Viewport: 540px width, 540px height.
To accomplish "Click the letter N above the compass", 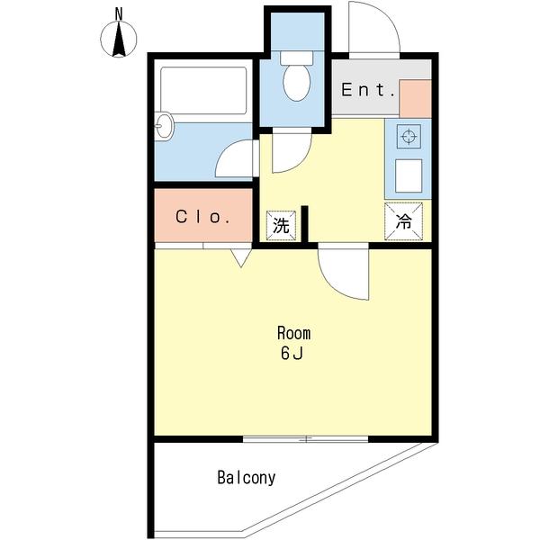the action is pyautogui.click(x=119, y=13).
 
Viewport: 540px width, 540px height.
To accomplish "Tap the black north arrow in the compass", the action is pyautogui.click(x=119, y=39).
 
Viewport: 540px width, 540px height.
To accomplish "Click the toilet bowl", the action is pyautogui.click(x=296, y=83).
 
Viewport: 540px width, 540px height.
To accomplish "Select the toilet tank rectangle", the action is pyautogui.click(x=296, y=58).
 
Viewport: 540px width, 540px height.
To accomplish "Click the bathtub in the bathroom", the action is pyautogui.click(x=203, y=91).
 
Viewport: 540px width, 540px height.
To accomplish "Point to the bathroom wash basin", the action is pyautogui.click(x=164, y=126).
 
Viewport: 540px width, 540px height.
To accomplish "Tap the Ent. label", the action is pyautogui.click(x=367, y=90).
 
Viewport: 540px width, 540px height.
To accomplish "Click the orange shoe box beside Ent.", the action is pyautogui.click(x=415, y=99).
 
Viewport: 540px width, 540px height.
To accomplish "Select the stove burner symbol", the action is pyautogui.click(x=409, y=137).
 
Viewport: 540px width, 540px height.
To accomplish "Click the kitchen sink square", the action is pyautogui.click(x=409, y=175).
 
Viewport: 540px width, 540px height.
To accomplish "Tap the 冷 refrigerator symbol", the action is pyautogui.click(x=403, y=221).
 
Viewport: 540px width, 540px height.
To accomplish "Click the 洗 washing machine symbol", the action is pyautogui.click(x=281, y=226).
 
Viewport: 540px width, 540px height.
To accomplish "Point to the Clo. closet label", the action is pyautogui.click(x=202, y=217).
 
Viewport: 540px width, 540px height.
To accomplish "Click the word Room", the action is pyautogui.click(x=293, y=333).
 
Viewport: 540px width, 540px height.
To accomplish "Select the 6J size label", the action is pyautogui.click(x=292, y=354).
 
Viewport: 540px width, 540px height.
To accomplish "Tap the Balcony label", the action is pyautogui.click(x=247, y=478).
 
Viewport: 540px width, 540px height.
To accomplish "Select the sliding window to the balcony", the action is pyautogui.click(x=305, y=439).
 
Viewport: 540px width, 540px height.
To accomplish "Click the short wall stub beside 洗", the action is pyautogui.click(x=304, y=224).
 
